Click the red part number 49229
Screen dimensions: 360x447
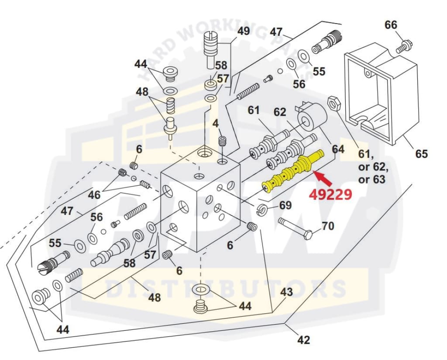pyautogui.click(x=330, y=194)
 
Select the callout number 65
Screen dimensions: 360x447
pyautogui.click(x=421, y=154)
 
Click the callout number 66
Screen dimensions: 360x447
pyautogui.click(x=391, y=25)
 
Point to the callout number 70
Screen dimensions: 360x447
pyautogui.click(x=327, y=226)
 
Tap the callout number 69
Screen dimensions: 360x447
pyautogui.click(x=285, y=205)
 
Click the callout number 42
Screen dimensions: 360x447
pyautogui.click(x=303, y=339)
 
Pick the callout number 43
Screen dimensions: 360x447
pyautogui.click(x=286, y=292)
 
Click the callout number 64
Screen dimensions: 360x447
pyautogui.click(x=338, y=149)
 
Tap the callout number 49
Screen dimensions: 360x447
pyautogui.click(x=243, y=31)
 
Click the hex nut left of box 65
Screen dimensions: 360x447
pyautogui.click(x=334, y=103)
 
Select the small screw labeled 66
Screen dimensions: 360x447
pyautogui.click(x=404, y=46)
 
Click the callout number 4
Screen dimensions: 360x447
pyautogui.click(x=216, y=124)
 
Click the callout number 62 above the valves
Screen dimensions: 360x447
pyautogui.click(x=280, y=112)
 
